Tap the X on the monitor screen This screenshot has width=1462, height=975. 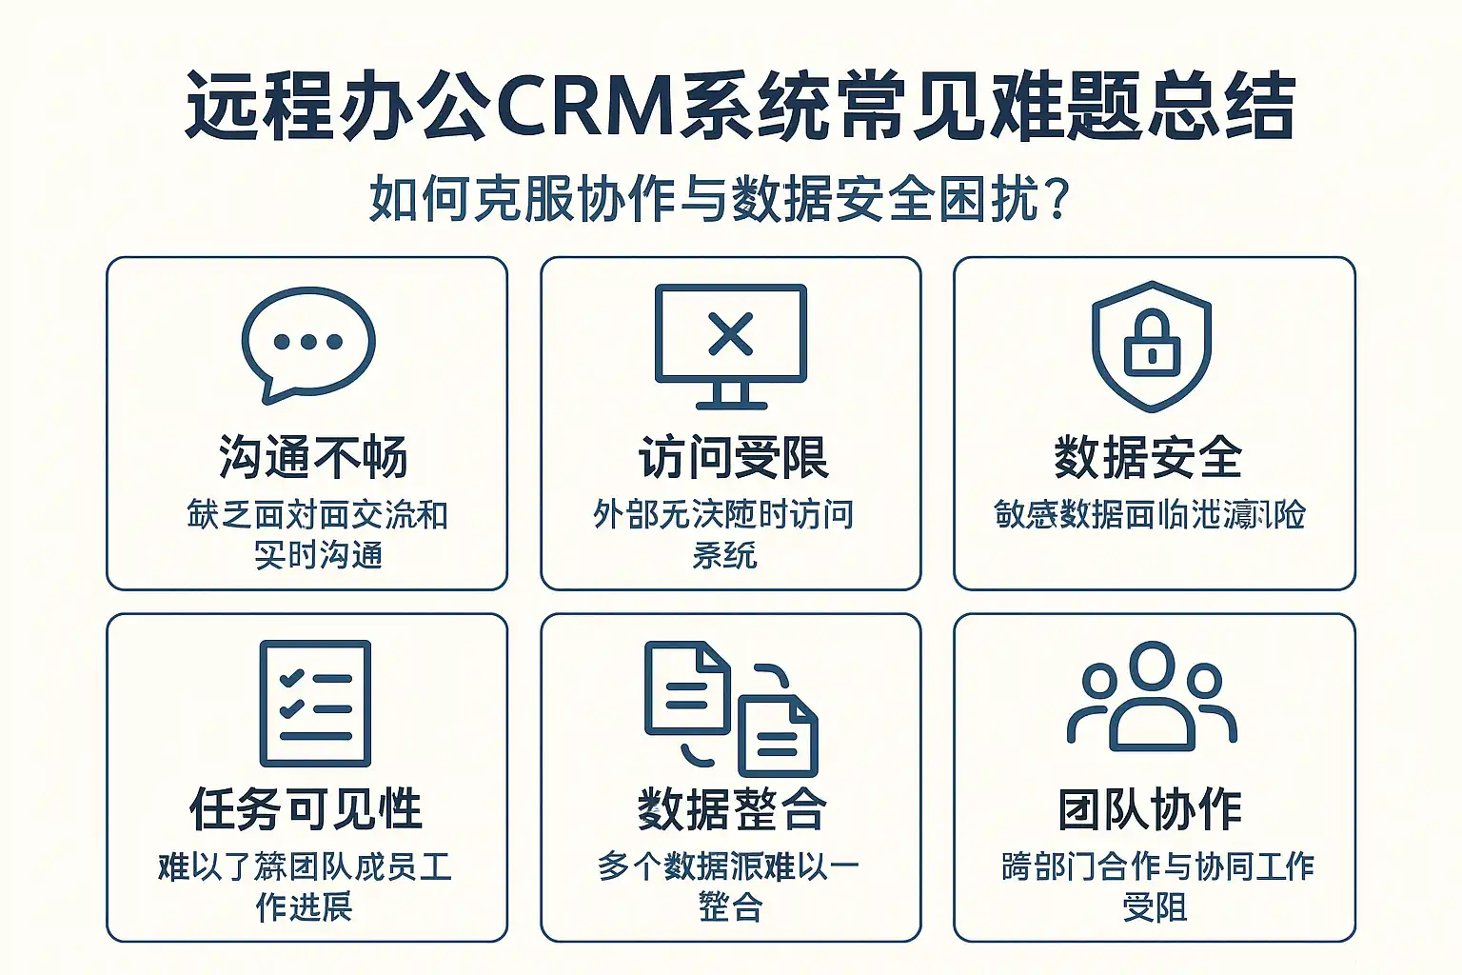(730, 333)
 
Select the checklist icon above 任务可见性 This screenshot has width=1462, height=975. (315, 703)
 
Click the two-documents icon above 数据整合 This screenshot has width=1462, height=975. (730, 706)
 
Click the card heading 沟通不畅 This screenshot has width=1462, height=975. (313, 457)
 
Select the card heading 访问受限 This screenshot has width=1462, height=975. (733, 457)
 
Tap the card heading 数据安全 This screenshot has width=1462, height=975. (1148, 457)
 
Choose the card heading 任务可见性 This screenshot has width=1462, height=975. (306, 809)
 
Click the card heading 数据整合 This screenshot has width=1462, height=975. (731, 809)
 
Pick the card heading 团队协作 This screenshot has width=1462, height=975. (1150, 809)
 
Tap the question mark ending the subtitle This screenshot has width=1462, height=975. (1057, 200)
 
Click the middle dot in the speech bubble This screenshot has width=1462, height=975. (308, 342)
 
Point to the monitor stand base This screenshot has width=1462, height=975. (730, 404)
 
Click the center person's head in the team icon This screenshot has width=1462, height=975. (1152, 666)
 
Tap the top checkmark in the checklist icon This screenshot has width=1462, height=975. (291, 678)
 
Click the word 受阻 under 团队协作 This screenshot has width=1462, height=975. (1154, 906)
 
